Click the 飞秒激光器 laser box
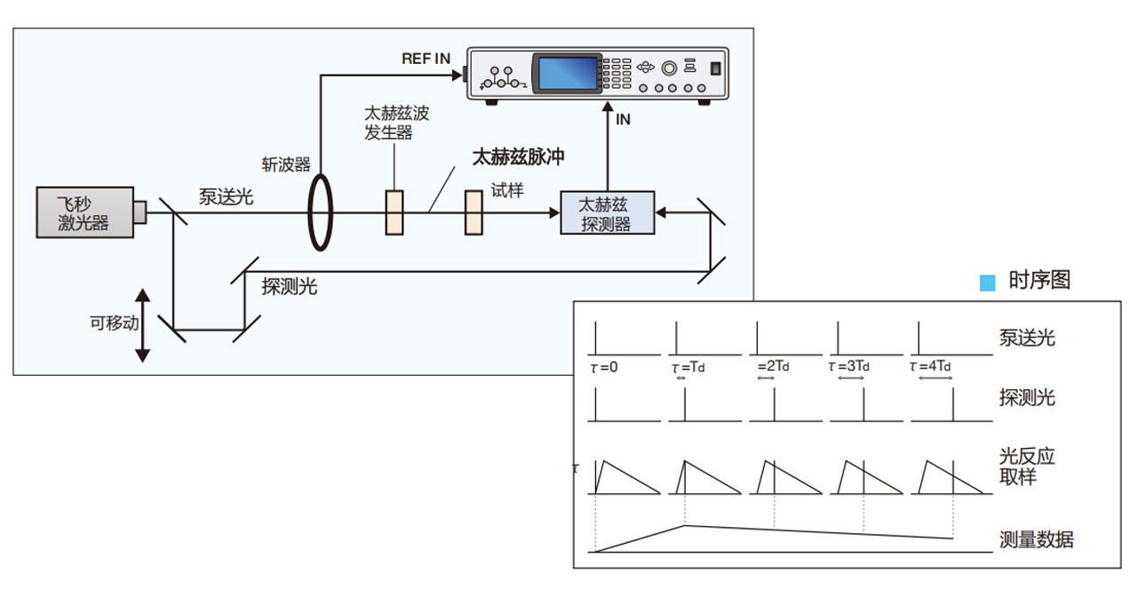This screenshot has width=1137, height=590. click(85, 212)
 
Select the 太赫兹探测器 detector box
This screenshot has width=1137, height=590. click(607, 212)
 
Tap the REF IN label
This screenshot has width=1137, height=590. click(425, 59)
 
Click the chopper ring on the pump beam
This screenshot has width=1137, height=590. click(308, 212)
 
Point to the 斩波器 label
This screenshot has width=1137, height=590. click(286, 164)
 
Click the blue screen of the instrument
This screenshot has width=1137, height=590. click(568, 74)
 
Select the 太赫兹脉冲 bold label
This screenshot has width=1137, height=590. click(518, 157)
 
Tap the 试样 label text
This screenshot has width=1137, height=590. click(506, 190)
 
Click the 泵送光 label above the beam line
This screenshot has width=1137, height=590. click(226, 197)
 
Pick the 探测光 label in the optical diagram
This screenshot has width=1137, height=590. click(290, 287)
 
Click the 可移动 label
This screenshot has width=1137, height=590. click(115, 323)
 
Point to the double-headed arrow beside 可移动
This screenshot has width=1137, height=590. click(143, 325)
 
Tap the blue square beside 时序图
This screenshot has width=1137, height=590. click(987, 283)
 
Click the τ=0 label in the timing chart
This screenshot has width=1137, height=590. click(604, 367)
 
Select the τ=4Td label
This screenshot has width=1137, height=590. click(930, 366)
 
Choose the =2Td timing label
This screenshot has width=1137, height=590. click(773, 366)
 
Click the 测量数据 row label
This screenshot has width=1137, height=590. click(1037, 539)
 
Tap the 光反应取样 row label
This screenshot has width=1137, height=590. click(1027, 466)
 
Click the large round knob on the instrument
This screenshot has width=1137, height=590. click(669, 68)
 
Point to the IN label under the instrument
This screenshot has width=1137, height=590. click(623, 119)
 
